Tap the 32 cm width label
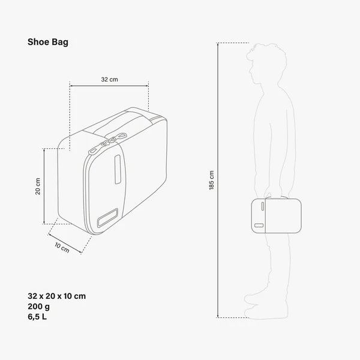coord(109,79)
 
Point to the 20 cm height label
coord(38,187)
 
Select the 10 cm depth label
coord(62,247)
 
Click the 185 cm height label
coord(211,180)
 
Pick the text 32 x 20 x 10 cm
coord(57,296)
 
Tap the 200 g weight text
coord(39,306)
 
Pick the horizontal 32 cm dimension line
coord(109,86)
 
